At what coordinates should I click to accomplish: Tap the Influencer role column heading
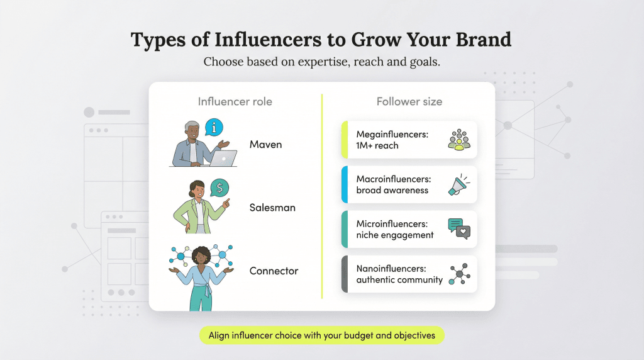pyautogui.click(x=235, y=101)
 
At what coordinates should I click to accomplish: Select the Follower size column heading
pyautogui.click(x=409, y=101)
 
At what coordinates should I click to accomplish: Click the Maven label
pyautogui.click(x=265, y=145)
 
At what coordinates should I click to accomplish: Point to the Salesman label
pyautogui.click(x=272, y=208)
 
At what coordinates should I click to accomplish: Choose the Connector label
pyautogui.click(x=274, y=271)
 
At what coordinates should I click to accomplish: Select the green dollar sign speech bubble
pyautogui.click(x=219, y=187)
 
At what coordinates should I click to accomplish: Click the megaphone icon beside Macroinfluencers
pyautogui.click(x=459, y=185)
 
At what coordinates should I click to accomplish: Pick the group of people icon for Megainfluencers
pyautogui.click(x=459, y=140)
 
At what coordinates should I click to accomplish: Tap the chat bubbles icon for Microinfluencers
pyautogui.click(x=459, y=229)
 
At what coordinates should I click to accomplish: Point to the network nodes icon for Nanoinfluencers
pyautogui.click(x=459, y=274)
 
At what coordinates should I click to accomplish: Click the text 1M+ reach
pyautogui.click(x=377, y=145)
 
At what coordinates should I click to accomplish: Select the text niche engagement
pyautogui.click(x=395, y=235)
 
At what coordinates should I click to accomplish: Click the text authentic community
pyautogui.click(x=399, y=279)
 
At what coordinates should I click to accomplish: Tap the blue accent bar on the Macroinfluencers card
pyautogui.click(x=344, y=184)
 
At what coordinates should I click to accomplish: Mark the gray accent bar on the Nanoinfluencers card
pyautogui.click(x=344, y=274)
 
